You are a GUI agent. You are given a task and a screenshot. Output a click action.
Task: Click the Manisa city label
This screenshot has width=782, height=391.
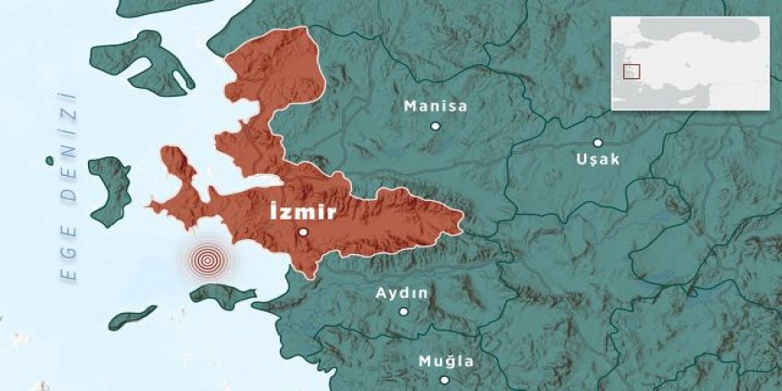(435, 107)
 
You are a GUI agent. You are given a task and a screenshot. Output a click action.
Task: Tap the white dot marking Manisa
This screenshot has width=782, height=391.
(435, 126)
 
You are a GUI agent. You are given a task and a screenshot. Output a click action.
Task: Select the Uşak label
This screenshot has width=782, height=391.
(598, 159)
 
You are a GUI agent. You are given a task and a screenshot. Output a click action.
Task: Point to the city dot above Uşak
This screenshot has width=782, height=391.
(598, 142)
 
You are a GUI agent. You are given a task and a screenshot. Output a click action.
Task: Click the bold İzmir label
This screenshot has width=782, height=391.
(303, 212)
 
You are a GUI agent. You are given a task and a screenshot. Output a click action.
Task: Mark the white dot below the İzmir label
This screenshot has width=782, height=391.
(303, 232)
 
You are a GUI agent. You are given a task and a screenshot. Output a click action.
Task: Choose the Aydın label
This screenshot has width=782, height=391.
(403, 293)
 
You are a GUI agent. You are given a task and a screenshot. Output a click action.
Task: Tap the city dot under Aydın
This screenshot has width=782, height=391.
(403, 311)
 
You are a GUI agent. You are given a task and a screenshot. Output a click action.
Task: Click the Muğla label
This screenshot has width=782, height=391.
(446, 362)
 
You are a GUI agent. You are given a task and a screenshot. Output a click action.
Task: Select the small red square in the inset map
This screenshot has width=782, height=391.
(632, 72)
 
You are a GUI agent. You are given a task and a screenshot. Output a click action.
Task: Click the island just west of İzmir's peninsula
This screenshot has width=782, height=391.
(109, 188)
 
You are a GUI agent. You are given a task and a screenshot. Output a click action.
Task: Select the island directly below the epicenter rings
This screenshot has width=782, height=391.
(223, 296)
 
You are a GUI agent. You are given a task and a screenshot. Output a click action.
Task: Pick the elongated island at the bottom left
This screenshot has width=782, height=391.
(133, 317)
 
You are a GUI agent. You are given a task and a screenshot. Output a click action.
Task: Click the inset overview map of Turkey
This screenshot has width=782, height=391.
(690, 62)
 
